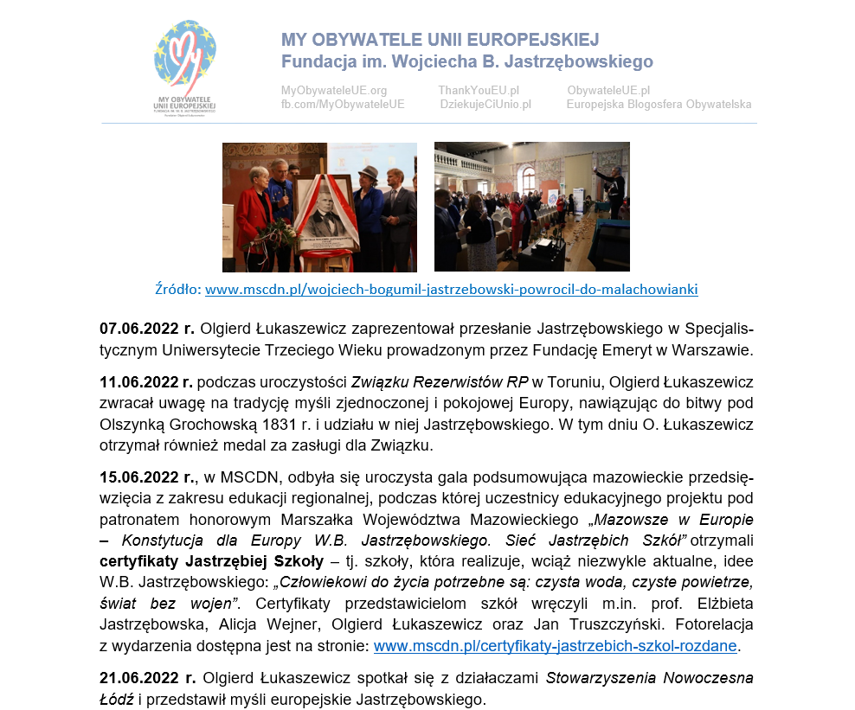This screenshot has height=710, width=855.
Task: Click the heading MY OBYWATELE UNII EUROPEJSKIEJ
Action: [x=440, y=41]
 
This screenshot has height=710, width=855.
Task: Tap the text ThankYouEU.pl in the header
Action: [x=478, y=90]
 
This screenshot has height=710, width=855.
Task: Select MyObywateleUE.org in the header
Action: [x=334, y=90]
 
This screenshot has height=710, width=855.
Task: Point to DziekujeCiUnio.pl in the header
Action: [x=485, y=105]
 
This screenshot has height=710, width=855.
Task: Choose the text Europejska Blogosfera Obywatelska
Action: [x=659, y=105]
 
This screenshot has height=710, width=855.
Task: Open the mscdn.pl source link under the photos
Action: [x=451, y=290]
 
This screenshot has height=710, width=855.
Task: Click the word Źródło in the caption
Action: [x=177, y=290]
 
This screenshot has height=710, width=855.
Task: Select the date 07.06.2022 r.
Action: [x=147, y=329]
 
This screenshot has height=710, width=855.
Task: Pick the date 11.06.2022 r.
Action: [x=147, y=381]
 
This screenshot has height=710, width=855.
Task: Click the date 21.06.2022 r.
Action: [x=147, y=678]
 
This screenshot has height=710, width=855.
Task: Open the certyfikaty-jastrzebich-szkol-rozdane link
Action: [x=555, y=646]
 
